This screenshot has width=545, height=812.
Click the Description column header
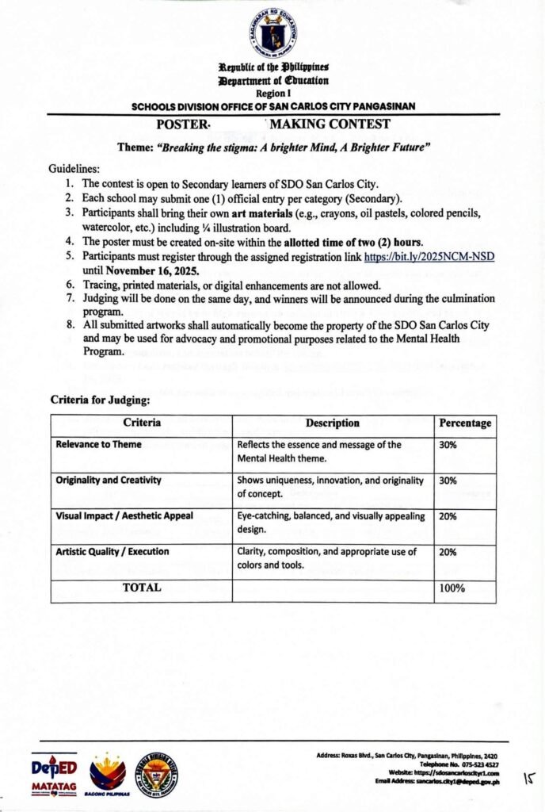[x=333, y=423]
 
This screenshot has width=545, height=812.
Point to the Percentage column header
[x=465, y=423]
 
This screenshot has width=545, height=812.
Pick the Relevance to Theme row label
[x=99, y=445]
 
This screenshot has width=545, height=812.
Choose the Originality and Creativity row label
[x=109, y=481]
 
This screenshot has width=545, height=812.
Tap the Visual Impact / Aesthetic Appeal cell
[x=124, y=515]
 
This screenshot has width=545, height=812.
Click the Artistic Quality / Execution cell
[x=112, y=551]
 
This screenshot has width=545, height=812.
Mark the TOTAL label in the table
[x=142, y=588]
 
